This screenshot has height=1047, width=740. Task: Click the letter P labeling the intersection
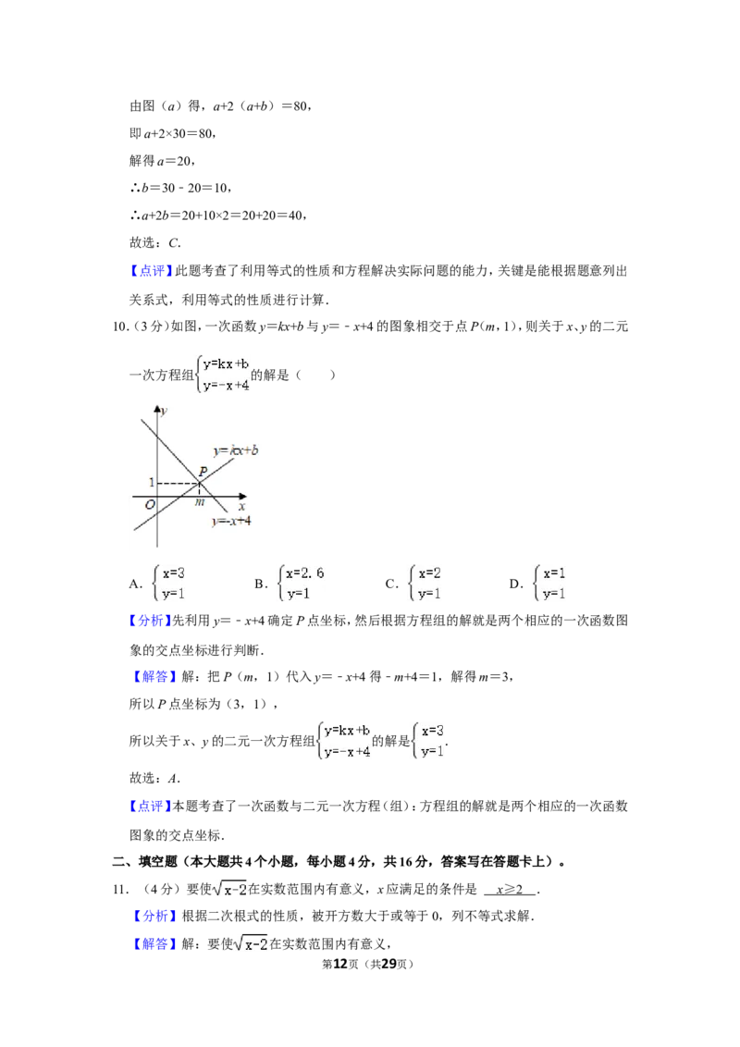pyautogui.click(x=202, y=470)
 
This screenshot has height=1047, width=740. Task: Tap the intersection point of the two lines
pyautogui.click(x=199, y=483)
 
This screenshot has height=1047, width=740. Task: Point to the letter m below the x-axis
pyautogui.click(x=199, y=502)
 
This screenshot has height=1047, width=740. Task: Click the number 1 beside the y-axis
pyautogui.click(x=151, y=483)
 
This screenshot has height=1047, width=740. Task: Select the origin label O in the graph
pyautogui.click(x=149, y=505)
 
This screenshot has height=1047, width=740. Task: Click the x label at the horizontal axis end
pyautogui.click(x=241, y=506)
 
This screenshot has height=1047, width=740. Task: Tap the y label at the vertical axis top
pyautogui.click(x=164, y=411)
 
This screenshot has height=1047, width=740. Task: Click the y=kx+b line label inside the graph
pyautogui.click(x=235, y=450)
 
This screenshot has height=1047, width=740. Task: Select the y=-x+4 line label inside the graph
pyautogui.click(x=231, y=522)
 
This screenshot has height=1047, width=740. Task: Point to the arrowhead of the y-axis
pyautogui.click(x=157, y=408)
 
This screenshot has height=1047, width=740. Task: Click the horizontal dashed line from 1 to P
pyautogui.click(x=178, y=483)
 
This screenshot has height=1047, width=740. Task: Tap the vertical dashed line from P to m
pyautogui.click(x=199, y=489)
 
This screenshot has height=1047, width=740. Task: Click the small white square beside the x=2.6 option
pyautogui.click(x=392, y=585)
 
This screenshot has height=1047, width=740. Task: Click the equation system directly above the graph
pyautogui.click(x=222, y=374)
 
